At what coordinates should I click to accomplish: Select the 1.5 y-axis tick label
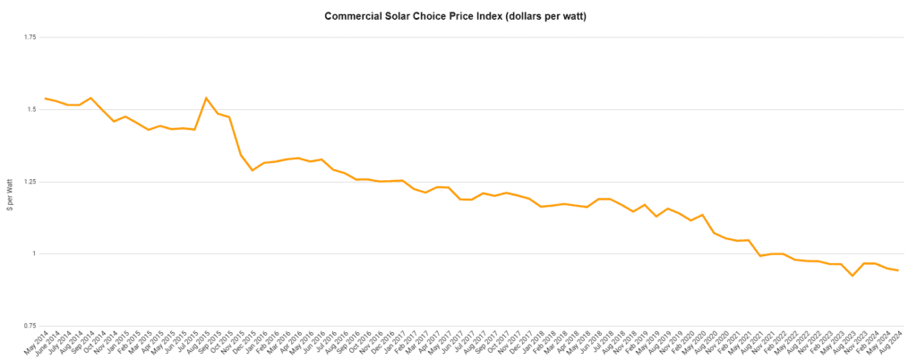click(x=30, y=109)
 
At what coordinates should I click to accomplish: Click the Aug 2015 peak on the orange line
click(x=206, y=98)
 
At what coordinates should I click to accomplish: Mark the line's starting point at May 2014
click(x=45, y=98)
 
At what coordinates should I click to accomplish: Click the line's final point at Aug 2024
click(x=897, y=270)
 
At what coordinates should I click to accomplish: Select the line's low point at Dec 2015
click(x=253, y=170)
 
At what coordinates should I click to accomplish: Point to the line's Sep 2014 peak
click(x=90, y=98)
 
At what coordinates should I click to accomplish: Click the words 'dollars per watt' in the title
click(x=539, y=17)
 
